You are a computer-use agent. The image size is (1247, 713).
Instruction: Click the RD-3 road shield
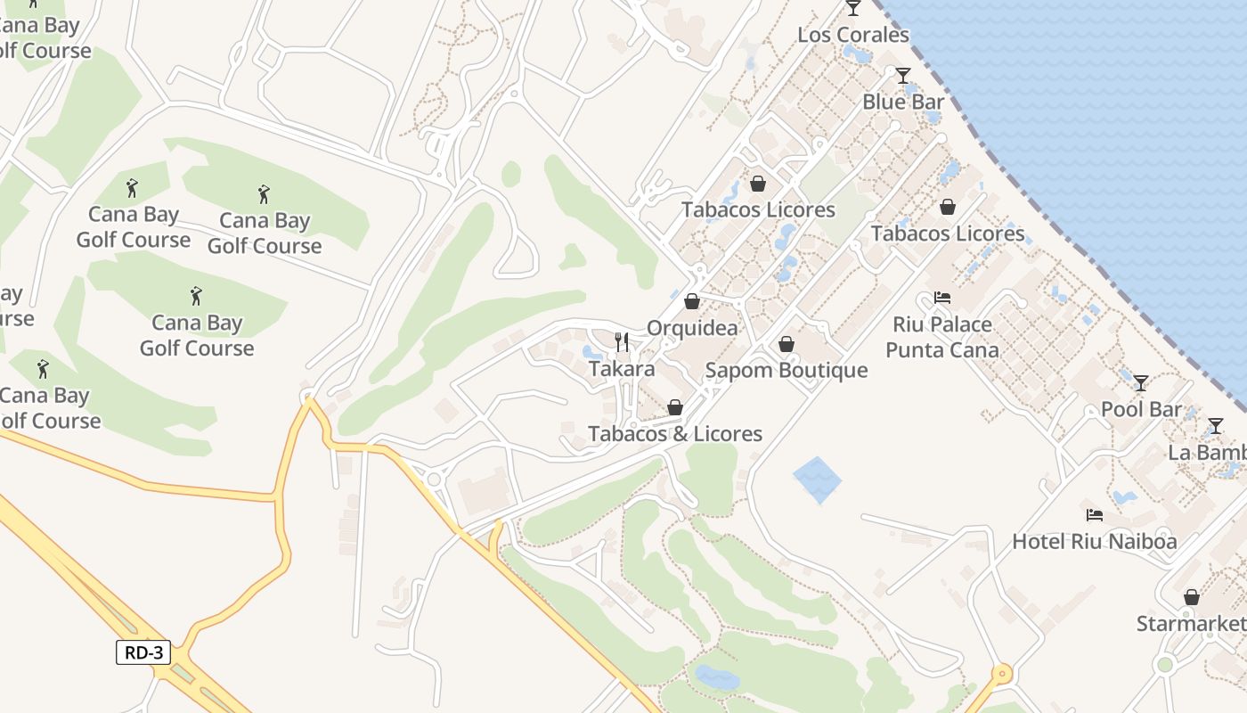(x=143, y=652)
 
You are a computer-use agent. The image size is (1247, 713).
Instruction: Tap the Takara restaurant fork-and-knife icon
(x=622, y=341)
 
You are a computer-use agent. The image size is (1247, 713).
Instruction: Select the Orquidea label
(x=692, y=328)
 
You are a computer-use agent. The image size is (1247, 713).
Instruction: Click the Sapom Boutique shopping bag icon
(x=787, y=344)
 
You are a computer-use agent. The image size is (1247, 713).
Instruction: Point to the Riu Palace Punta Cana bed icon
(x=942, y=297)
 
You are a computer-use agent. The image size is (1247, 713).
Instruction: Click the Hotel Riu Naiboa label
(x=1094, y=541)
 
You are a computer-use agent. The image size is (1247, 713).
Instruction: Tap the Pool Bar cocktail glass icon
(x=1141, y=383)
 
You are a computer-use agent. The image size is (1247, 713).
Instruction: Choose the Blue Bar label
(x=902, y=102)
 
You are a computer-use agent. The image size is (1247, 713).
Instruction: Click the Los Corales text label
(x=853, y=35)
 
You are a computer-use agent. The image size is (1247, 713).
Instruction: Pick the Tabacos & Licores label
(x=675, y=434)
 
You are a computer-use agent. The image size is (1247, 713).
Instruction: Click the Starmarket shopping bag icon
(x=1192, y=597)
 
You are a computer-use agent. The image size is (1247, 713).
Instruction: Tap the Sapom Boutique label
(x=787, y=371)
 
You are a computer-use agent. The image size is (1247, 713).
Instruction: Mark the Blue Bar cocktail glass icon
(x=903, y=75)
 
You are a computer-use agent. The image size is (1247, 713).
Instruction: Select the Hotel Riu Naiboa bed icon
(x=1095, y=514)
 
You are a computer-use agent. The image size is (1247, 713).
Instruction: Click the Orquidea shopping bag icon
(x=692, y=301)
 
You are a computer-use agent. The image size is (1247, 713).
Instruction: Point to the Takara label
(x=622, y=369)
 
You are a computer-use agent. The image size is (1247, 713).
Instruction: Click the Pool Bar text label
(x=1141, y=410)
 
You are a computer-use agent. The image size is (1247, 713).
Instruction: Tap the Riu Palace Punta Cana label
(x=942, y=337)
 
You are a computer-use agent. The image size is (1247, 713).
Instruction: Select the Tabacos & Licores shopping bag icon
(x=675, y=407)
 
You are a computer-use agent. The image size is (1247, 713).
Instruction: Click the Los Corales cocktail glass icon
(x=853, y=8)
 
